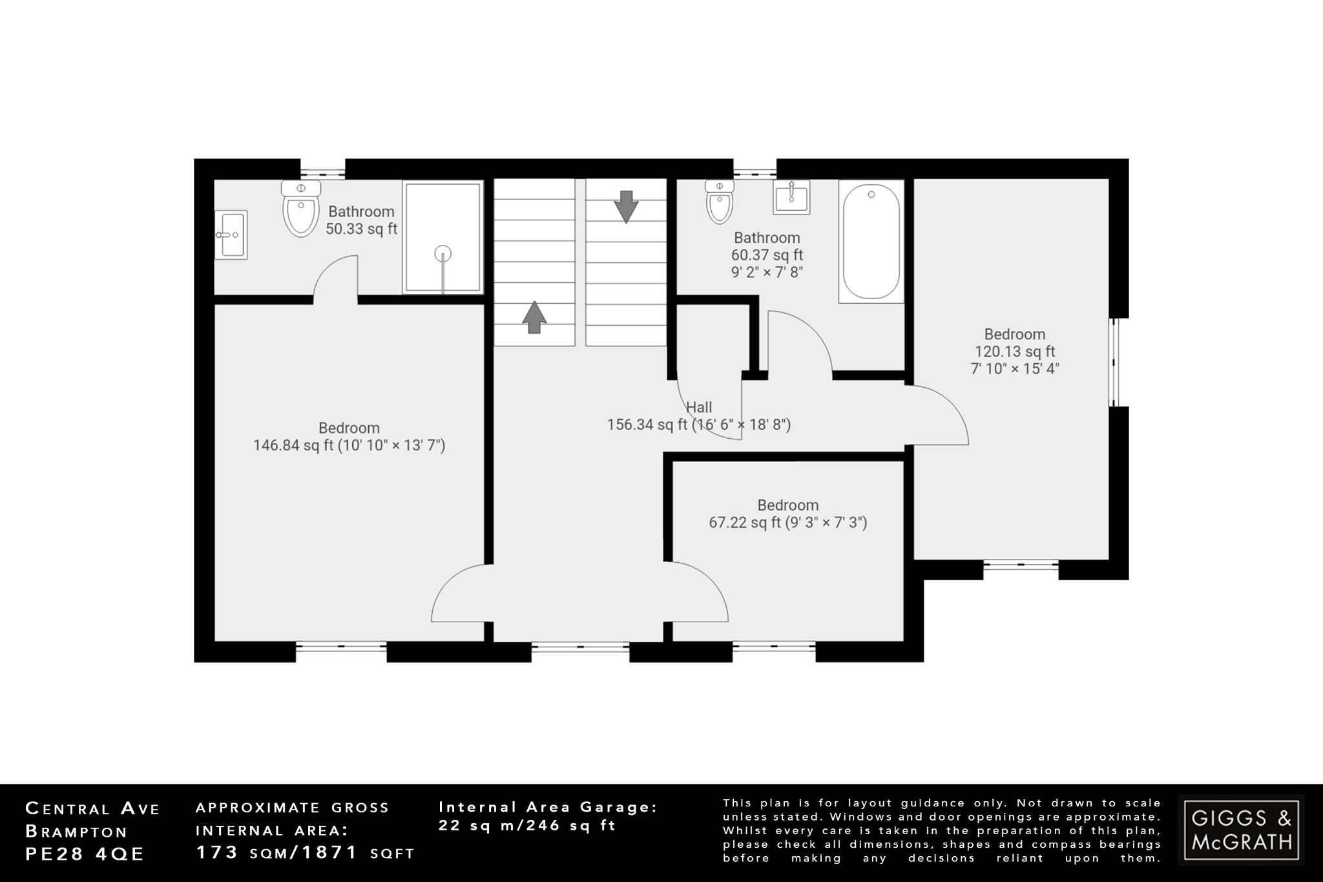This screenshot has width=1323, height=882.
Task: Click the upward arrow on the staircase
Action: coord(534,317)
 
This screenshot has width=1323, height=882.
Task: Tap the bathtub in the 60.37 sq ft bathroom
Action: coord(871,242)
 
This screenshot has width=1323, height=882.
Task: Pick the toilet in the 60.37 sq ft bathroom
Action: coord(720,202)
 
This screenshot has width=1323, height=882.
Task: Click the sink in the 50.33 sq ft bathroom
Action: coord(231,235)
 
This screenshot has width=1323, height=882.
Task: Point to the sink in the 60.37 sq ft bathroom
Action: coord(791,196)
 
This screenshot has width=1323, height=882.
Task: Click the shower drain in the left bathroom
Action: coord(443,253)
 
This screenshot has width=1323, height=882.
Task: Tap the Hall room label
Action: coord(699,408)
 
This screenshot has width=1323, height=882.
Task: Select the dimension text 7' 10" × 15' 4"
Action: coord(1014,369)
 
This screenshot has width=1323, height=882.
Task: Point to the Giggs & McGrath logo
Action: coord(1240,830)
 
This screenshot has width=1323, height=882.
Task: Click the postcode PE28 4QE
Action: coord(85,854)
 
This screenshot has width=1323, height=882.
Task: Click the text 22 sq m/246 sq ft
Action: coord(527,826)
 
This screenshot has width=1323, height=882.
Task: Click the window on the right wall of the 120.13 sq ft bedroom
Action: coord(1114,362)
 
